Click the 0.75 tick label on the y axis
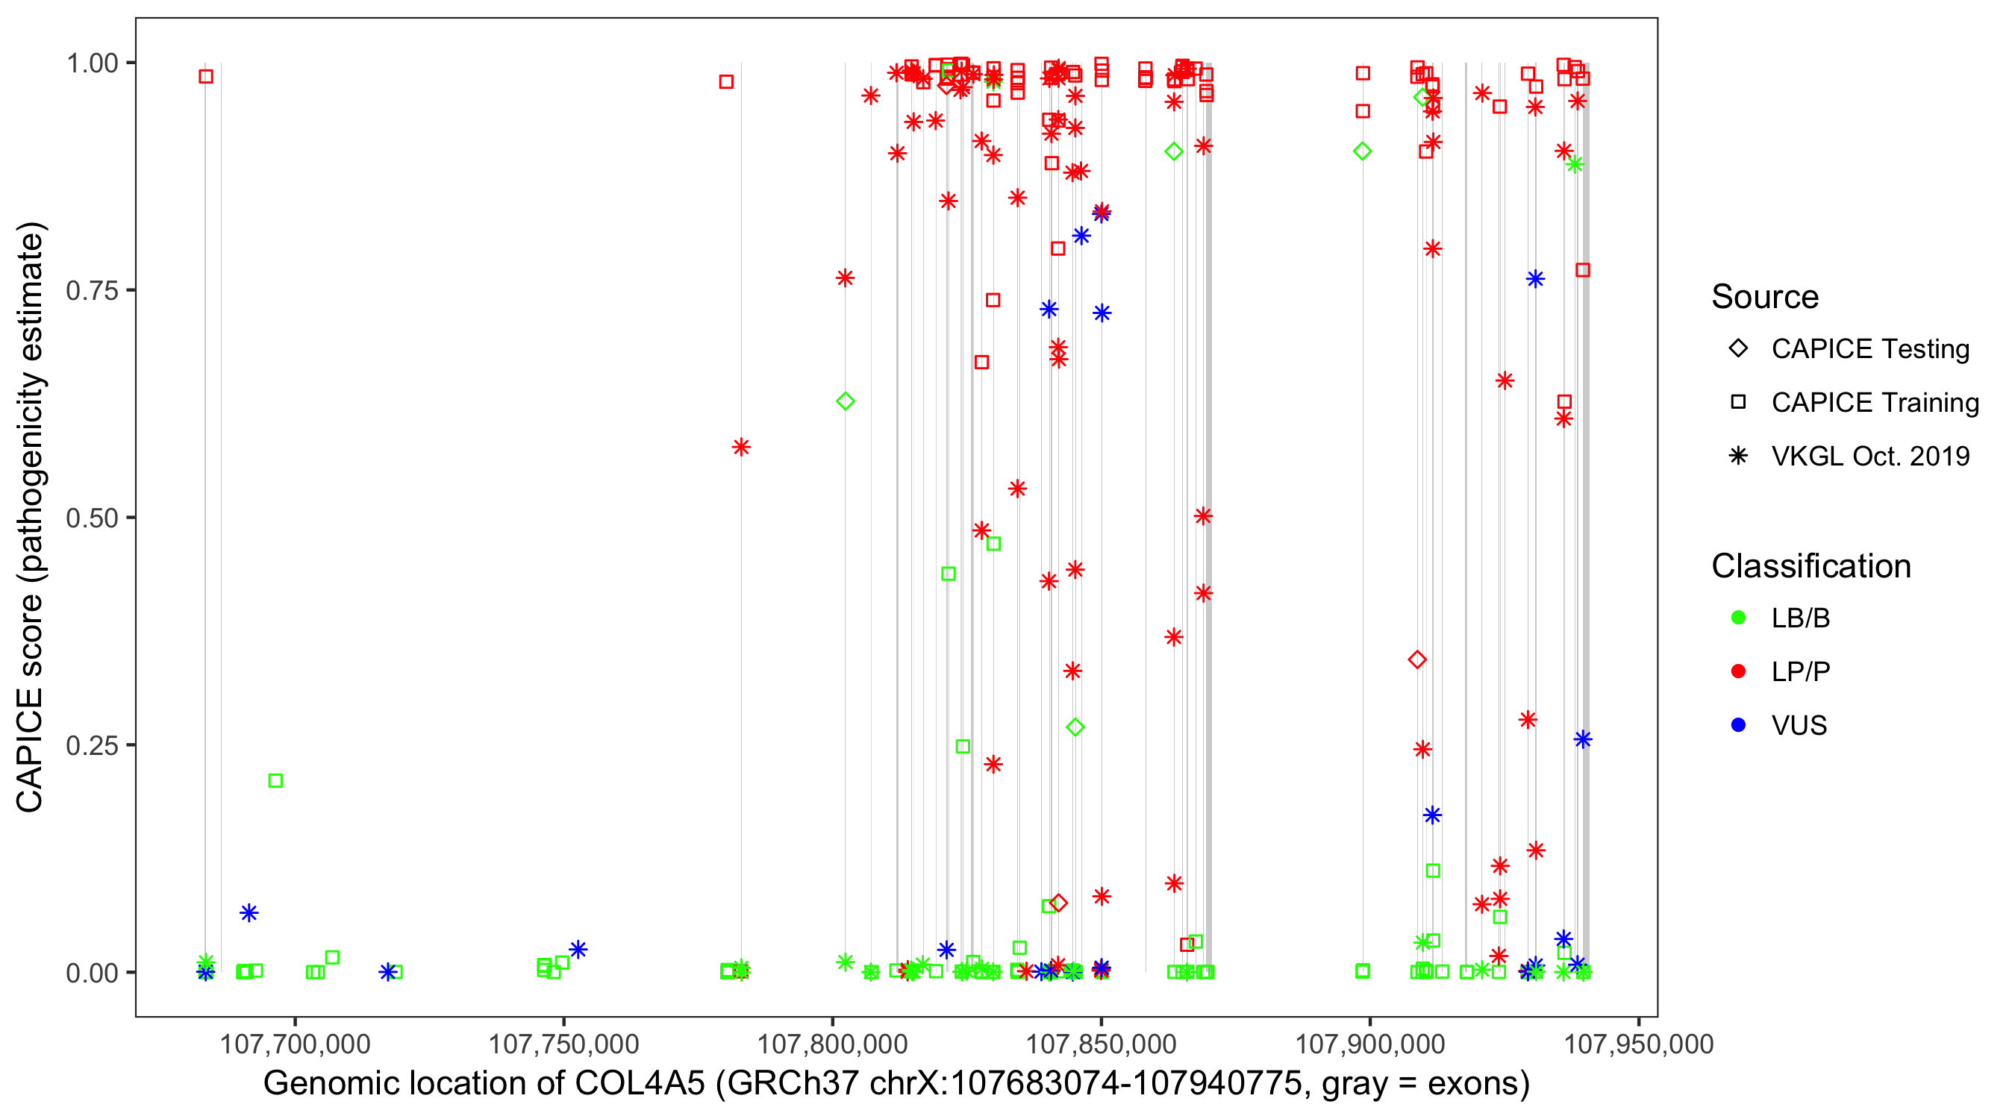click(91, 290)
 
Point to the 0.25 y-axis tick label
click(91, 745)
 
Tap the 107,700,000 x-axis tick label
click(295, 1044)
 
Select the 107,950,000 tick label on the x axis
click(1638, 1044)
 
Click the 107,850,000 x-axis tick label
click(1101, 1044)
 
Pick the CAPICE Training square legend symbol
click(1738, 402)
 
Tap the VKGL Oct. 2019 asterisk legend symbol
click(1738, 456)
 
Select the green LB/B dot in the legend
click(1738, 618)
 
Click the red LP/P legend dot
click(1738, 671)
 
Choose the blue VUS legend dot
click(1738, 725)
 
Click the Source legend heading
click(1765, 297)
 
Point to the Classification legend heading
click(1811, 566)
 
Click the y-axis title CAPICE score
click(31, 516)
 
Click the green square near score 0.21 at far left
click(275, 780)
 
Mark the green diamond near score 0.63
click(845, 401)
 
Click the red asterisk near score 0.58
click(741, 448)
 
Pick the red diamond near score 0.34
click(1416, 660)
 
